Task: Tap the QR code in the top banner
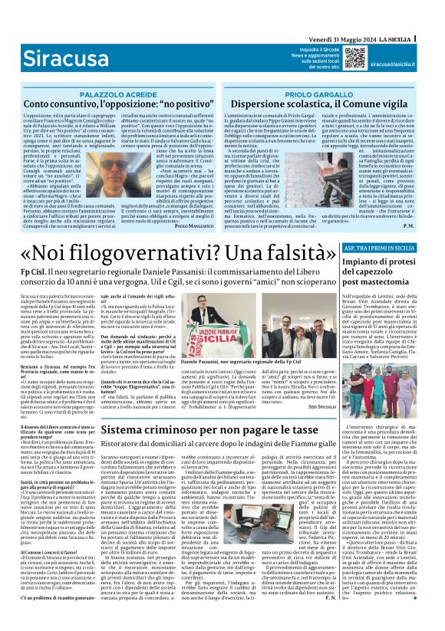click(x=355, y=57)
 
